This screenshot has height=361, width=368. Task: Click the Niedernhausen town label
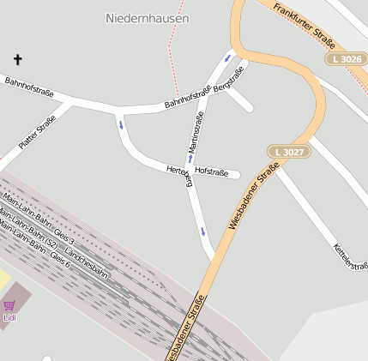[x=147, y=17]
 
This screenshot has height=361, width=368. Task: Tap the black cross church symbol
[x=18, y=59]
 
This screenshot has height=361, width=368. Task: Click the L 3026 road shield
[x=345, y=58]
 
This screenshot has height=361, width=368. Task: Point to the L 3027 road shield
[x=287, y=152]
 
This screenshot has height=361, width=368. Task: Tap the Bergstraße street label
[x=229, y=80]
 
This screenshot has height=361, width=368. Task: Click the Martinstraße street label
[x=196, y=133]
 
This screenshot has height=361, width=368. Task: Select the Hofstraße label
[x=212, y=172]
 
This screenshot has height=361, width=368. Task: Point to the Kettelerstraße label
[x=350, y=256]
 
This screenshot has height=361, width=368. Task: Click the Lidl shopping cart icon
[x=9, y=305]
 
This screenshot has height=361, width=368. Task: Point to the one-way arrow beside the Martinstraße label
[x=190, y=158]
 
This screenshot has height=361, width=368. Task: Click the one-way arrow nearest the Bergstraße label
[x=227, y=59]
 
